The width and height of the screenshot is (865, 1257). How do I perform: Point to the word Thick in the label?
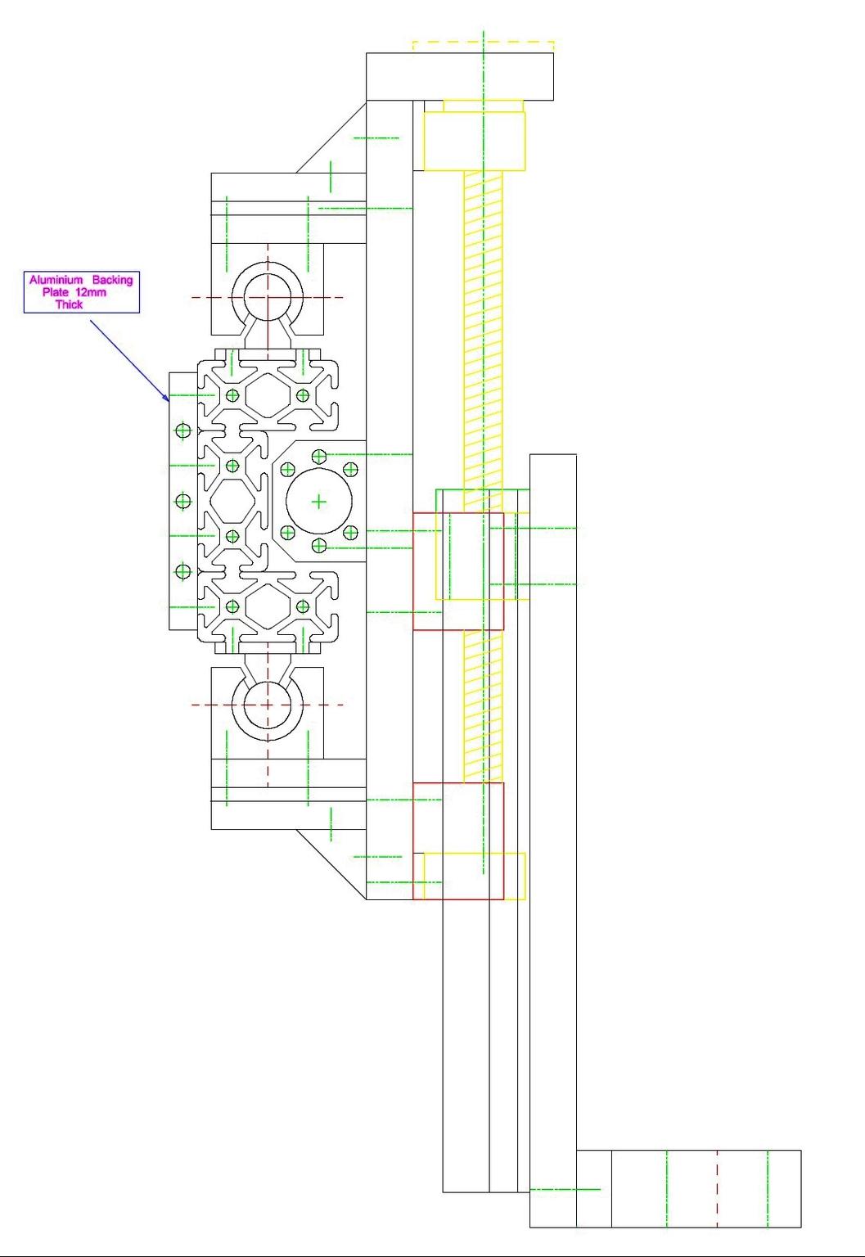pos(69,304)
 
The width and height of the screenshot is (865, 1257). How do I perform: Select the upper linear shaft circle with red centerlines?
pos(268,297)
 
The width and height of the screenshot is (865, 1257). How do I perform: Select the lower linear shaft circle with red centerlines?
pos(268,705)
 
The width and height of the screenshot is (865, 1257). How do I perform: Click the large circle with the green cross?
pos(318,501)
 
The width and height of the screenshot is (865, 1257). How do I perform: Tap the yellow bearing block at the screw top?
pos(474,141)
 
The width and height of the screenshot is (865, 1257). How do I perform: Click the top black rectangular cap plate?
pos(459,76)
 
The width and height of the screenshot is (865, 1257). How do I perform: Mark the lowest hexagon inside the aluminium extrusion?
pos(267,606)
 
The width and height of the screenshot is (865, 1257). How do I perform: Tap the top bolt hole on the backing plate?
pos(182,430)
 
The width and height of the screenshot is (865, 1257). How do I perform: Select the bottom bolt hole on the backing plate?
pos(182,571)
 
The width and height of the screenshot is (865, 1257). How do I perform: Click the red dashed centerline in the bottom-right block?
pos(717,1188)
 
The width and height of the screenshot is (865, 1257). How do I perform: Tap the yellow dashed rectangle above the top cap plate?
pos(483,46)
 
